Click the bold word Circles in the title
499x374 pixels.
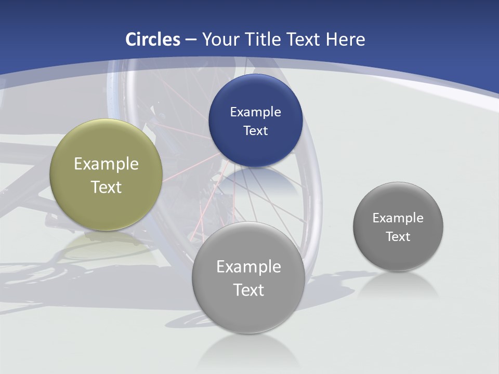[x=153, y=39]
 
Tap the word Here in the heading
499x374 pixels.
[x=345, y=39]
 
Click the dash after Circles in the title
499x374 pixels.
[x=191, y=40]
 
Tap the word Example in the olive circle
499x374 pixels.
[x=106, y=164]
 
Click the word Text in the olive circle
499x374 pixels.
[x=106, y=187]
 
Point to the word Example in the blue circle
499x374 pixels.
[x=255, y=112]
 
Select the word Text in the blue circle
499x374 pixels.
[x=255, y=130]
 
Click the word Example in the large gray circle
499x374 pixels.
[x=248, y=267]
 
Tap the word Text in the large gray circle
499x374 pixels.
[x=248, y=290]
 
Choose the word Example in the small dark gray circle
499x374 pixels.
[x=398, y=218]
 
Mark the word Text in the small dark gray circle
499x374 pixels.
[x=398, y=236]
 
